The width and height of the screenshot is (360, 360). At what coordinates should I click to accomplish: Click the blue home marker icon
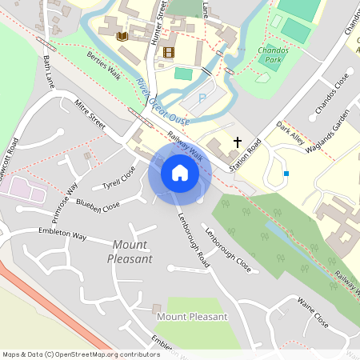[179, 173]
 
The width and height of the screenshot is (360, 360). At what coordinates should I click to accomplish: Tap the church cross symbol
[237, 142]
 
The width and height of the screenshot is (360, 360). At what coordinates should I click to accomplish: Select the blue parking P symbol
[202, 98]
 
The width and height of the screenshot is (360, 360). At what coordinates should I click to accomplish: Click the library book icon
[122, 37]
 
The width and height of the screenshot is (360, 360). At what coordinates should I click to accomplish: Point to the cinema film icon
[168, 53]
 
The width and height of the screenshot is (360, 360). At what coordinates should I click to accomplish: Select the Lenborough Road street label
[192, 239]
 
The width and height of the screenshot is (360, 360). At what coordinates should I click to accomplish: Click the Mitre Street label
[89, 114]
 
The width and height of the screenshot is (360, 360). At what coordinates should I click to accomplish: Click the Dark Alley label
[290, 132]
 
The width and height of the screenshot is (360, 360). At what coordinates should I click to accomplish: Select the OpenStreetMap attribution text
[81, 354]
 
